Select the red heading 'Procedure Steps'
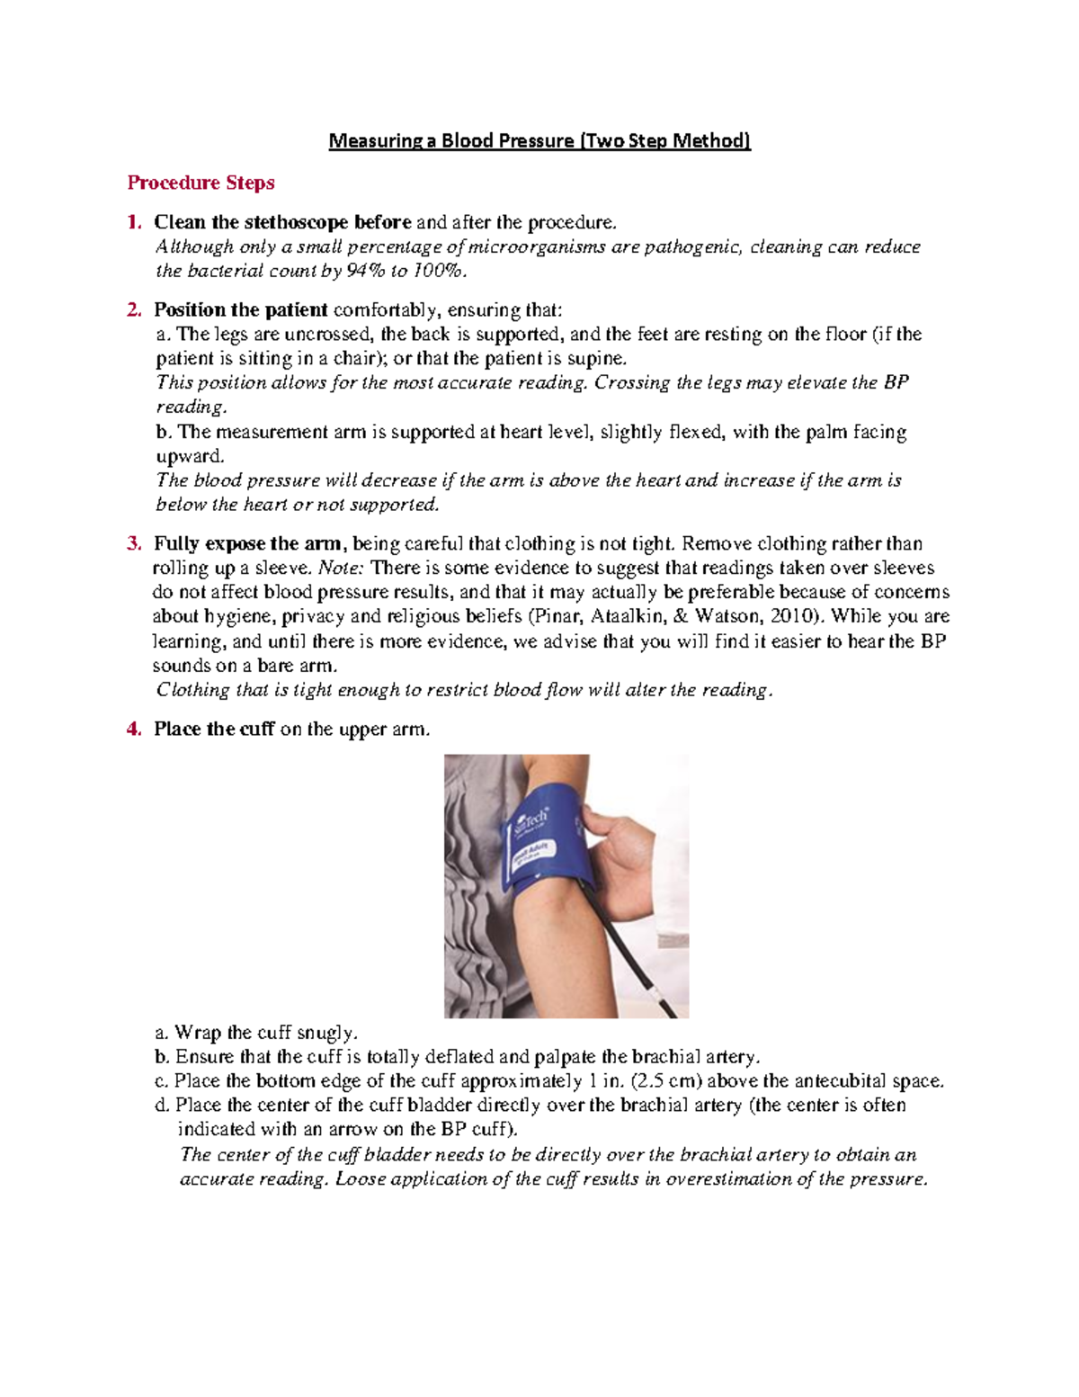(x=201, y=183)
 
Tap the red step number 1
(x=134, y=222)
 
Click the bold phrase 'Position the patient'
(x=240, y=310)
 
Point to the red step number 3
(x=134, y=543)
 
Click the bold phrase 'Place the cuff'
(x=213, y=729)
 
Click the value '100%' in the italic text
(x=438, y=271)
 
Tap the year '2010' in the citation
(x=798, y=616)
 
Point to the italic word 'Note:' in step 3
(x=342, y=568)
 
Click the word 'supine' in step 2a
(x=597, y=358)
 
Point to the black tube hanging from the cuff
(x=629, y=954)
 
